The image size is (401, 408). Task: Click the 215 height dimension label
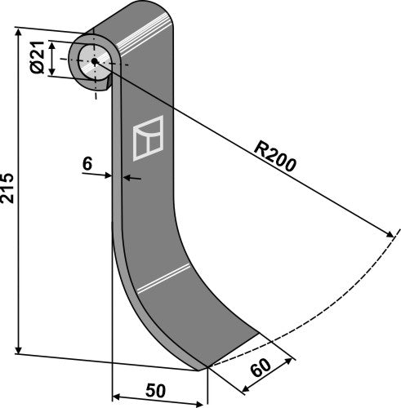click(x=7, y=189)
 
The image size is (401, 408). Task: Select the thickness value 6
click(x=87, y=163)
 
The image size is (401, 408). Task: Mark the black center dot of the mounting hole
click(x=94, y=61)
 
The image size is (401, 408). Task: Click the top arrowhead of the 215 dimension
click(x=18, y=32)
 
